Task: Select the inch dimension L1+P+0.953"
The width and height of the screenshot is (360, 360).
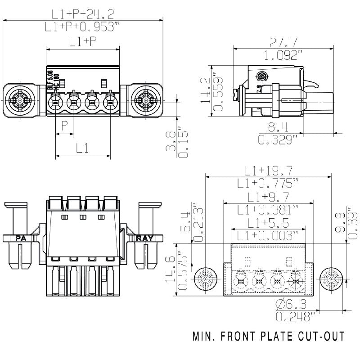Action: (x=83, y=27)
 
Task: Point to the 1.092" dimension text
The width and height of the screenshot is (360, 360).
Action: (x=283, y=55)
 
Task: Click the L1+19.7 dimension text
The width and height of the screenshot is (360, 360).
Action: (x=268, y=171)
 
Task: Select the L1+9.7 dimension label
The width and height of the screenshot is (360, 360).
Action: (x=269, y=197)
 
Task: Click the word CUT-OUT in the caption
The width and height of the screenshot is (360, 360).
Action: (x=323, y=336)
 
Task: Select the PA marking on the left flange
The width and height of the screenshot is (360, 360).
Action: (x=21, y=238)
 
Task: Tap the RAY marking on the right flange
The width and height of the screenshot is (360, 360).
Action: (x=144, y=238)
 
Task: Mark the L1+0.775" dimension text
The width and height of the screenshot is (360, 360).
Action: (x=269, y=183)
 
